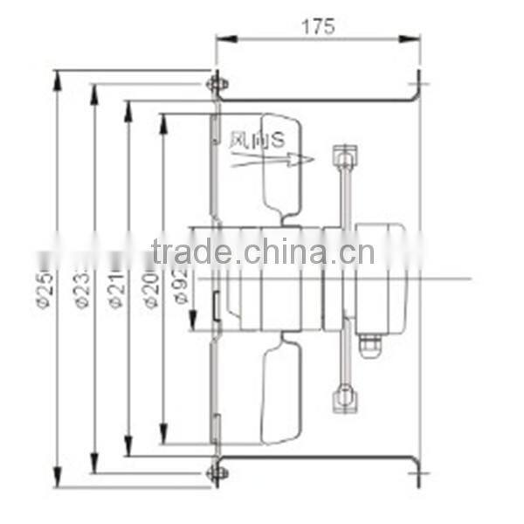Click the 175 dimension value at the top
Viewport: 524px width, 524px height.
319,26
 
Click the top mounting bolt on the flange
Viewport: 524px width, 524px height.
216,84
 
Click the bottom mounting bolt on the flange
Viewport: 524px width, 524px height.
216,472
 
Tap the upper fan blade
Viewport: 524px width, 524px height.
281,166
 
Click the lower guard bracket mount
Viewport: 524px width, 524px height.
345,398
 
